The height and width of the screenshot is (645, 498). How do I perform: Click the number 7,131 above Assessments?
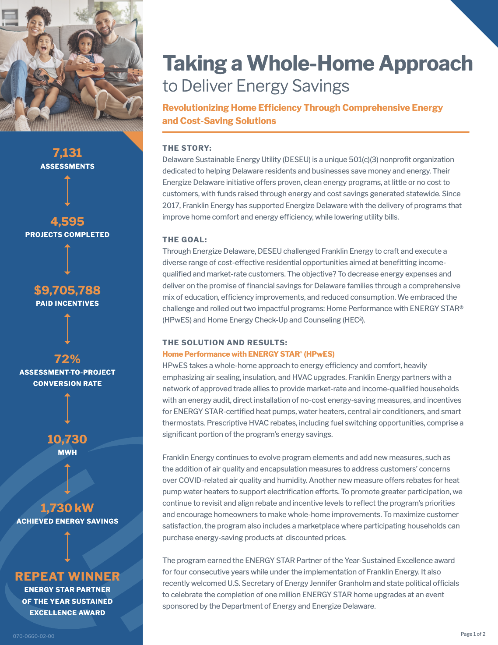click(x=67, y=153)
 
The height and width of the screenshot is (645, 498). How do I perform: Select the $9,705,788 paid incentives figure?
click(x=67, y=290)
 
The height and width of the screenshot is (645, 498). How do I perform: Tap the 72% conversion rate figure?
click(x=67, y=359)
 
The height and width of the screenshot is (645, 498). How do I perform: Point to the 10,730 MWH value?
click(x=67, y=439)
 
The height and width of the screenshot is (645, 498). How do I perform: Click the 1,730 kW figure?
click(x=67, y=508)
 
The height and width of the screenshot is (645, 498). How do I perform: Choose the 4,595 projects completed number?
click(x=67, y=221)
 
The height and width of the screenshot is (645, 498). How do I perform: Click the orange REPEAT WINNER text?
click(x=67, y=576)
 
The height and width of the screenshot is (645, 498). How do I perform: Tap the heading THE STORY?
click(x=187, y=148)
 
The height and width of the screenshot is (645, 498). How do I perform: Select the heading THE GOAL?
click(x=185, y=240)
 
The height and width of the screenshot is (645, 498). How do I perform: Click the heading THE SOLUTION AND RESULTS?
click(x=224, y=343)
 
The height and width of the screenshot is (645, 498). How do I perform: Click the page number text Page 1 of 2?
click(x=473, y=634)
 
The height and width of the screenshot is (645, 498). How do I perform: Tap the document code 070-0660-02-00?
click(x=34, y=636)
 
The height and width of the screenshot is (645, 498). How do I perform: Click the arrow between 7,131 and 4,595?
click(x=67, y=191)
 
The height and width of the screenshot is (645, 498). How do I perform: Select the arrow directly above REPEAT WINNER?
click(x=67, y=546)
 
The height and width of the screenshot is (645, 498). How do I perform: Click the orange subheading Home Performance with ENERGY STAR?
click(x=248, y=354)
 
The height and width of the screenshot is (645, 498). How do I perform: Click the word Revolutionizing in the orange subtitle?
click(x=196, y=108)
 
